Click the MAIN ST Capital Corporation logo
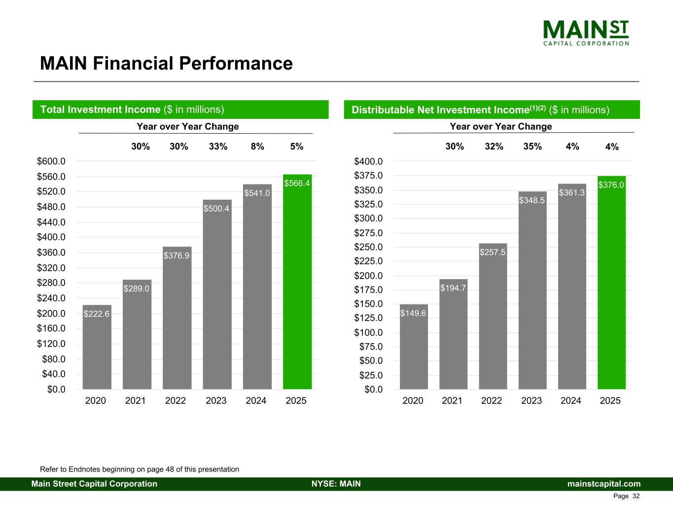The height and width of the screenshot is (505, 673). (x=586, y=33)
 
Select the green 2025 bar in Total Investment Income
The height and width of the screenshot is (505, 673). (x=297, y=286)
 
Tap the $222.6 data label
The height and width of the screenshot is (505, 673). (x=97, y=314)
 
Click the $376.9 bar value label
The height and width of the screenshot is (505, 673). (x=177, y=255)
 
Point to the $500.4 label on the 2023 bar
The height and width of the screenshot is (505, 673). (x=216, y=209)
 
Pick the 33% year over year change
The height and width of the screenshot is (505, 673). (x=218, y=146)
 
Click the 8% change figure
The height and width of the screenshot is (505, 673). (x=257, y=146)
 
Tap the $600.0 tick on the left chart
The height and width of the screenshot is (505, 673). (x=51, y=161)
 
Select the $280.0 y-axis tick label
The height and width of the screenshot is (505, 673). (x=51, y=283)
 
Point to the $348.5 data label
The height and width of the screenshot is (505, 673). (x=532, y=200)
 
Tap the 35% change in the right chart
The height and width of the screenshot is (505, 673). (x=532, y=146)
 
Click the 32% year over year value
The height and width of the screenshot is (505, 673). (x=494, y=146)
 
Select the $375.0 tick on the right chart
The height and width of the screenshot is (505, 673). (x=368, y=176)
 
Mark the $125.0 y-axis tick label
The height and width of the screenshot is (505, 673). (x=368, y=318)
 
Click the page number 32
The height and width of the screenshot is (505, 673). (x=636, y=496)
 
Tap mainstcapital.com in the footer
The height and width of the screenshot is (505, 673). (x=604, y=484)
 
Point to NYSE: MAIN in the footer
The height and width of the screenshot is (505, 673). (x=336, y=484)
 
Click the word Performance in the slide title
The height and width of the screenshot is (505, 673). (x=236, y=64)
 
